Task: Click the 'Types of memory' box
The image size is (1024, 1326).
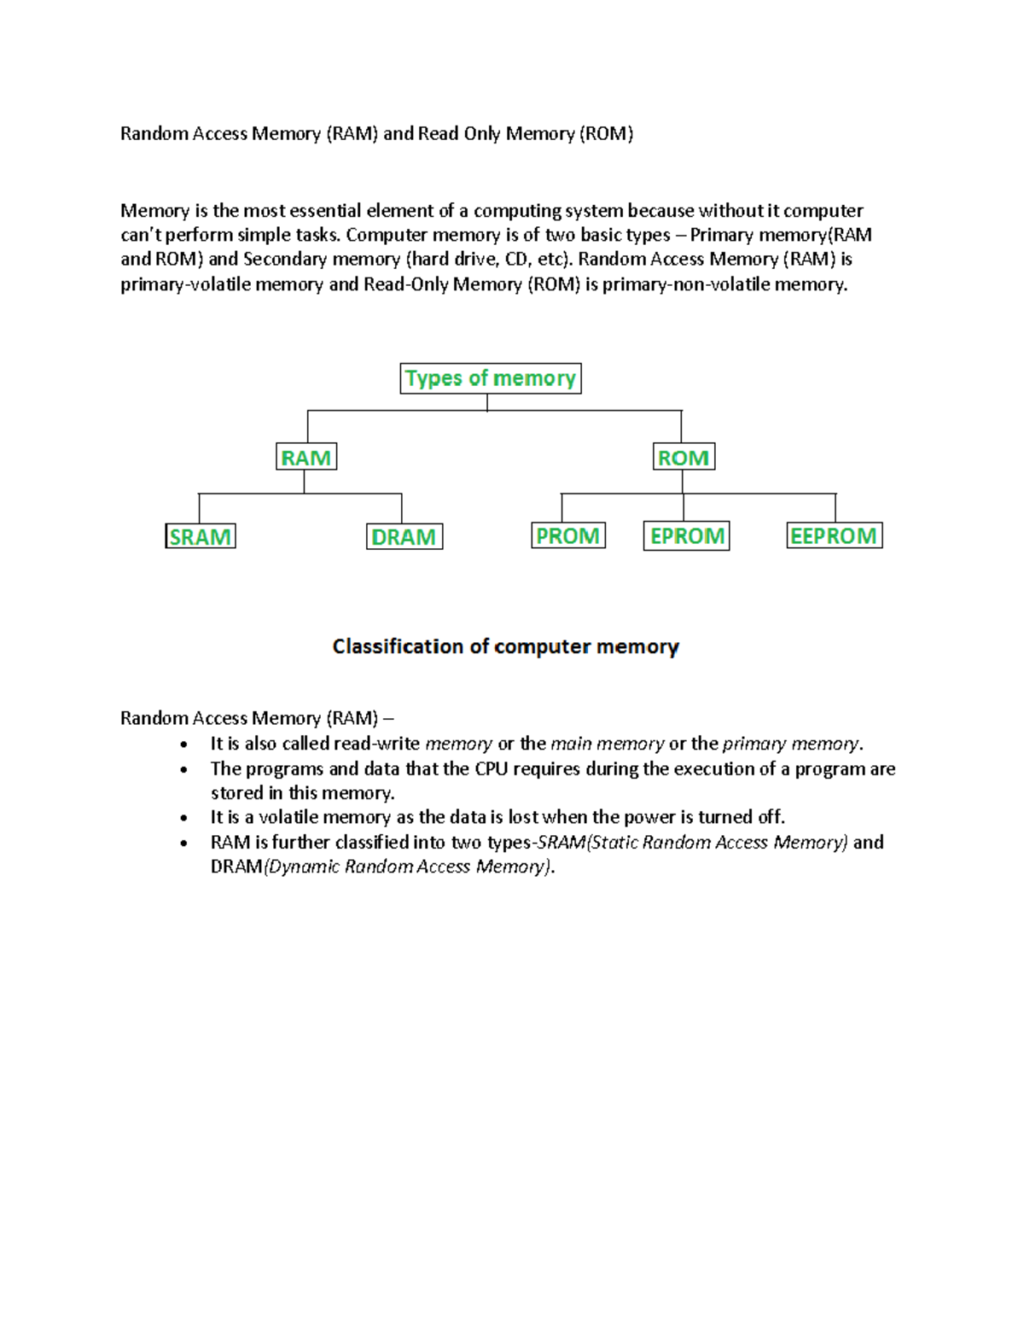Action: pyautogui.click(x=491, y=378)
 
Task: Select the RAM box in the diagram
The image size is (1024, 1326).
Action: pyautogui.click(x=306, y=458)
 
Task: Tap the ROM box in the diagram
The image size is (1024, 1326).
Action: pyautogui.click(x=684, y=458)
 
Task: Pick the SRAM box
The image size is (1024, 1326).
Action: pyautogui.click(x=201, y=537)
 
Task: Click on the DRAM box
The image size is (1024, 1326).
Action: pyautogui.click(x=404, y=537)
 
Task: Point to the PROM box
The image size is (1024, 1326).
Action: pyautogui.click(x=568, y=536)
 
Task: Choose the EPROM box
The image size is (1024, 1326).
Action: pyautogui.click(x=687, y=536)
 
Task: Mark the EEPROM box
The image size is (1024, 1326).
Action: pyautogui.click(x=835, y=536)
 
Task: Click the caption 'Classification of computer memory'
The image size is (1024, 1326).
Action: pyautogui.click(x=505, y=647)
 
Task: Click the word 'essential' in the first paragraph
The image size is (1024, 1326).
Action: pyautogui.click(x=326, y=211)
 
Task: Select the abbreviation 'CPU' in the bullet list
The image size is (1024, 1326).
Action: pyautogui.click(x=492, y=769)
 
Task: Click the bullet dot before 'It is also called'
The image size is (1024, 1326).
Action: pyautogui.click(x=183, y=745)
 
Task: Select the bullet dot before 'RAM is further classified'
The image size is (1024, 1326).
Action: pyautogui.click(x=183, y=844)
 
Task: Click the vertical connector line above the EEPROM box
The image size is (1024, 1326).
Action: pyautogui.click(x=835, y=508)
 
